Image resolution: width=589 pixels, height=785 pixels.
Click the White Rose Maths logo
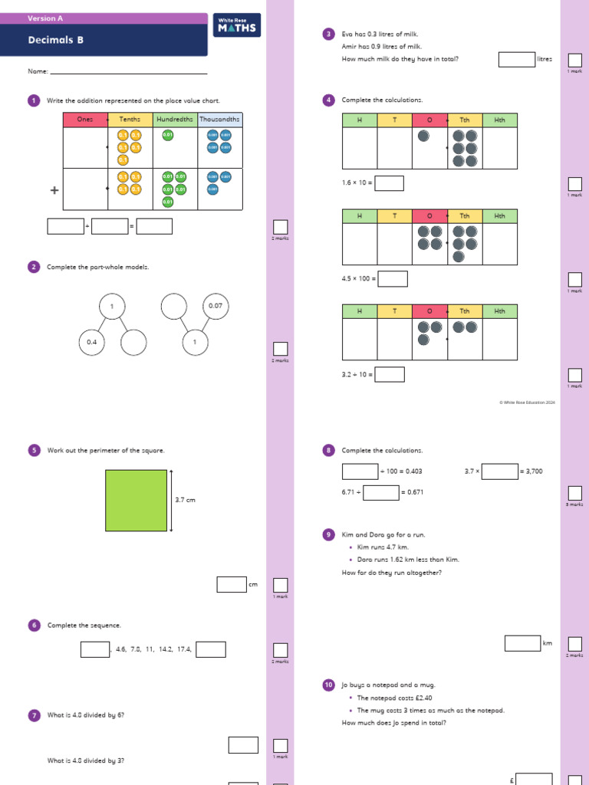tap(238, 26)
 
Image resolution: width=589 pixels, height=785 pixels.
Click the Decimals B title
tap(56, 40)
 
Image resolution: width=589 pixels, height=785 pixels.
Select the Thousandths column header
tap(220, 120)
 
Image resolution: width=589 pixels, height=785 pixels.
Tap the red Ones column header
tap(85, 120)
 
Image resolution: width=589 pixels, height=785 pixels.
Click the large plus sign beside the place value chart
tap(54, 190)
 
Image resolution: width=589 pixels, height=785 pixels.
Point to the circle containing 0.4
tap(91, 343)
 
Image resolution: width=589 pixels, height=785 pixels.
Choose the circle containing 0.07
tap(216, 306)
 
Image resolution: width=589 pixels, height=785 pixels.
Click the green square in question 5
tap(137, 501)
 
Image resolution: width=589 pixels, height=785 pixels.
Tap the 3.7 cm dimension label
tap(185, 500)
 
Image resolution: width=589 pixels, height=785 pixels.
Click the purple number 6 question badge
tap(34, 626)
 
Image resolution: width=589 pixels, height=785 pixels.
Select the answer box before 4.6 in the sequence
tap(95, 649)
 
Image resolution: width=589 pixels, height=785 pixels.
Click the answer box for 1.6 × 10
tap(390, 183)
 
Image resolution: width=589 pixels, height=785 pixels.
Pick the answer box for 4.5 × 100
tap(393, 279)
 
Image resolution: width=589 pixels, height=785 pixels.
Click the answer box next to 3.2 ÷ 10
tap(390, 375)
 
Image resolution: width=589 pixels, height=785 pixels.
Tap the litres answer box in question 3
tap(516, 59)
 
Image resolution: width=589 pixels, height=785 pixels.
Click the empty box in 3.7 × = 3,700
tap(500, 471)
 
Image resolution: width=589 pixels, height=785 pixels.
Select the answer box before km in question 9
tap(522, 643)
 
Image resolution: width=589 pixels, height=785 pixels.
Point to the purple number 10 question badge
tap(328, 685)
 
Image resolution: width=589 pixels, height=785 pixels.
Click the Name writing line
tap(128, 73)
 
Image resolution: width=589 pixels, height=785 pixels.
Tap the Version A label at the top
tap(45, 18)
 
